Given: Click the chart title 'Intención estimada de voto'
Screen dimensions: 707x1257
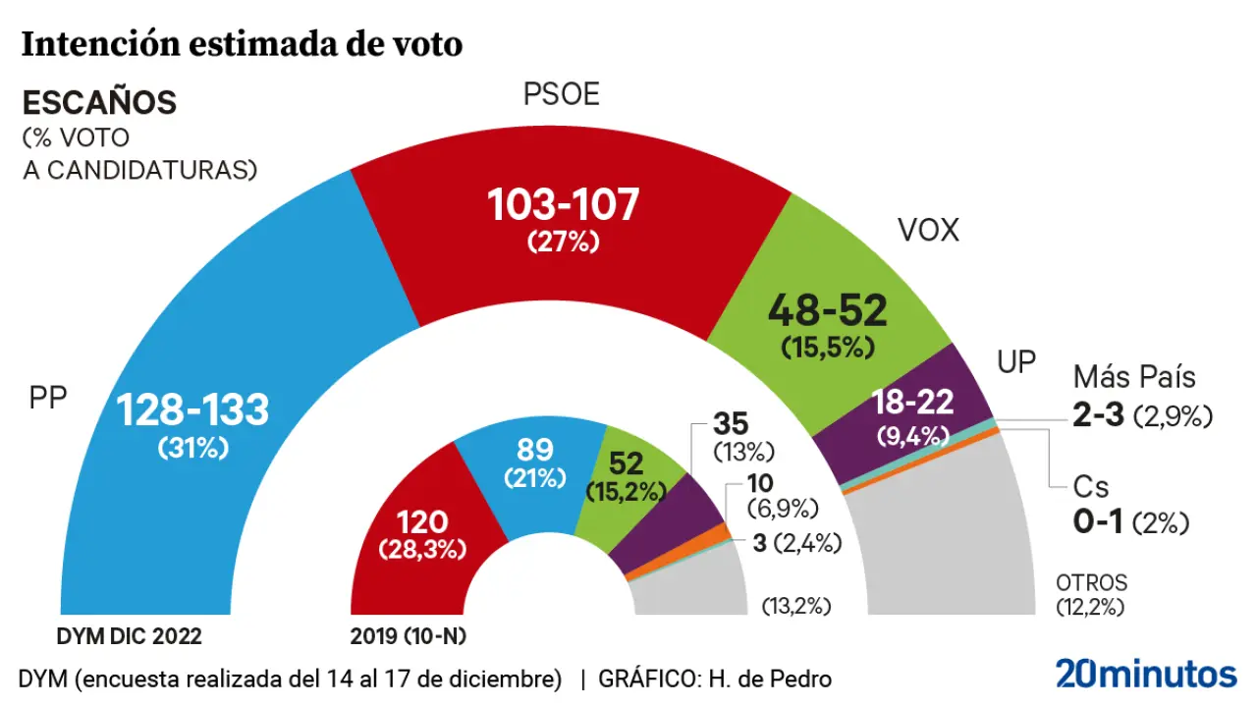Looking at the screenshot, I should click(242, 44).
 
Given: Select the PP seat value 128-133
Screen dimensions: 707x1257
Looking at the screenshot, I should click(192, 410).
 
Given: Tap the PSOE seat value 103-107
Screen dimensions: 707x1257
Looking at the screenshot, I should click(563, 204).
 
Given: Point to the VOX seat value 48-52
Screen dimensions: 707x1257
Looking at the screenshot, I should click(827, 310).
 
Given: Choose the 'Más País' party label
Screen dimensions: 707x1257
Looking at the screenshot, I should click(1134, 376).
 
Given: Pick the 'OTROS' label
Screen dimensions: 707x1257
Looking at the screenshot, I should click(1091, 582).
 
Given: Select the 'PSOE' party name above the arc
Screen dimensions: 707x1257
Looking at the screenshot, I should click(561, 94).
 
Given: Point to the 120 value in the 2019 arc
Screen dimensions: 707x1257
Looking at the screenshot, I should click(422, 521).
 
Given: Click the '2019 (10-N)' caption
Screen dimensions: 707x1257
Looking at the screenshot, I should click(408, 636).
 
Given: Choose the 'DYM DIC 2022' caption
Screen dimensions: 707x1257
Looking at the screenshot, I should click(129, 636).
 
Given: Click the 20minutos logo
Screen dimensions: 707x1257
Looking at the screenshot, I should click(1146, 675).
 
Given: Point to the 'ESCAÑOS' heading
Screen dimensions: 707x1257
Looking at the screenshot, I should click(99, 102).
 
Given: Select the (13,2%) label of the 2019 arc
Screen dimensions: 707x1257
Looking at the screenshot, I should click(795, 606).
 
